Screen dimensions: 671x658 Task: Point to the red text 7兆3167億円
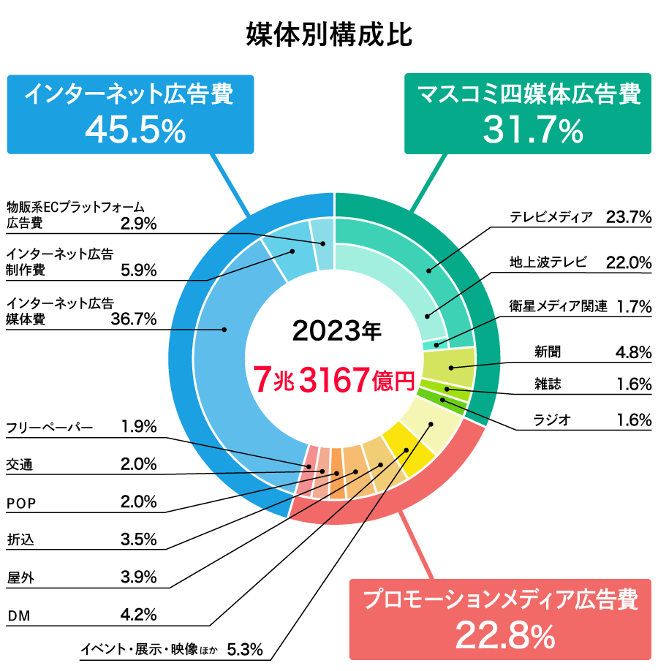333,379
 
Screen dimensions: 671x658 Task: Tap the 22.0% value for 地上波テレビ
628,262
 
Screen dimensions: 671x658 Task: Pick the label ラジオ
551,420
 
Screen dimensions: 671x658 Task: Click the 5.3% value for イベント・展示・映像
244,648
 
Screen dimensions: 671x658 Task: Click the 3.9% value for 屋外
138,577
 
